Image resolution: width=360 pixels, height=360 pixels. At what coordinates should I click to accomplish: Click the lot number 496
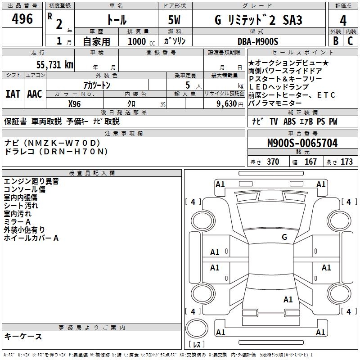click(22, 19)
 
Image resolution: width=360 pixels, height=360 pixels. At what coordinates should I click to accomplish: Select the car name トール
click(116, 20)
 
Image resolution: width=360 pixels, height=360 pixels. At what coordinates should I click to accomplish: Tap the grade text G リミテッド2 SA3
click(258, 20)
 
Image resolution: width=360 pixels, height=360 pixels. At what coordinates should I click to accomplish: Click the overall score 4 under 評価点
click(343, 21)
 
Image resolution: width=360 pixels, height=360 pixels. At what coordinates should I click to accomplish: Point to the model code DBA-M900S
click(257, 41)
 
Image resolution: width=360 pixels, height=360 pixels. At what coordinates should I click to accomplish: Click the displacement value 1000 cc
click(141, 42)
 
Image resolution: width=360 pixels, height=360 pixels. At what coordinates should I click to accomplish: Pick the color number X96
click(74, 103)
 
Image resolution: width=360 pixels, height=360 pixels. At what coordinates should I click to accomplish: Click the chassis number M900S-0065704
click(302, 144)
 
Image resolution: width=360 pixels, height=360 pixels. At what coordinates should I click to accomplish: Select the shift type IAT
click(13, 94)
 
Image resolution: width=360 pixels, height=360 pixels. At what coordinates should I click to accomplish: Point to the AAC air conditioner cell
click(35, 94)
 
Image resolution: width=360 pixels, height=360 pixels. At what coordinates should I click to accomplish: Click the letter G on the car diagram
click(284, 237)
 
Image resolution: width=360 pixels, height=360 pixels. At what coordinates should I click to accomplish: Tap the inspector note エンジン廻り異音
click(31, 181)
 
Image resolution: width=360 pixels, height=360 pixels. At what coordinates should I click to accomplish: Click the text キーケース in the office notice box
click(23, 336)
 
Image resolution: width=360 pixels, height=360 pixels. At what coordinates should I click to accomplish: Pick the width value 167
click(310, 162)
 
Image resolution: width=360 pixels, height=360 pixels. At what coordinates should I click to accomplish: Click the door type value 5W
click(176, 20)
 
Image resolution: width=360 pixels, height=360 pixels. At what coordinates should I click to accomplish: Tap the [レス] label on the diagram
click(197, 344)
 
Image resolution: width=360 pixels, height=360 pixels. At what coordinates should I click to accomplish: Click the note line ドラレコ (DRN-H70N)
click(56, 152)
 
